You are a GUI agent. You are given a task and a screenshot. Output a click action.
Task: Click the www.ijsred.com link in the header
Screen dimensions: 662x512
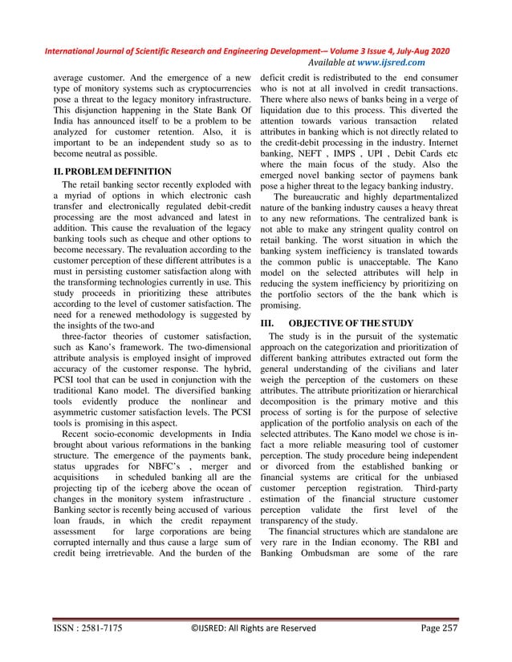(x=392, y=62)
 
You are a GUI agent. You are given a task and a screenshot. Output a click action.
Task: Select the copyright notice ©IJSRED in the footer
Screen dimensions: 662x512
(x=255, y=628)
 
